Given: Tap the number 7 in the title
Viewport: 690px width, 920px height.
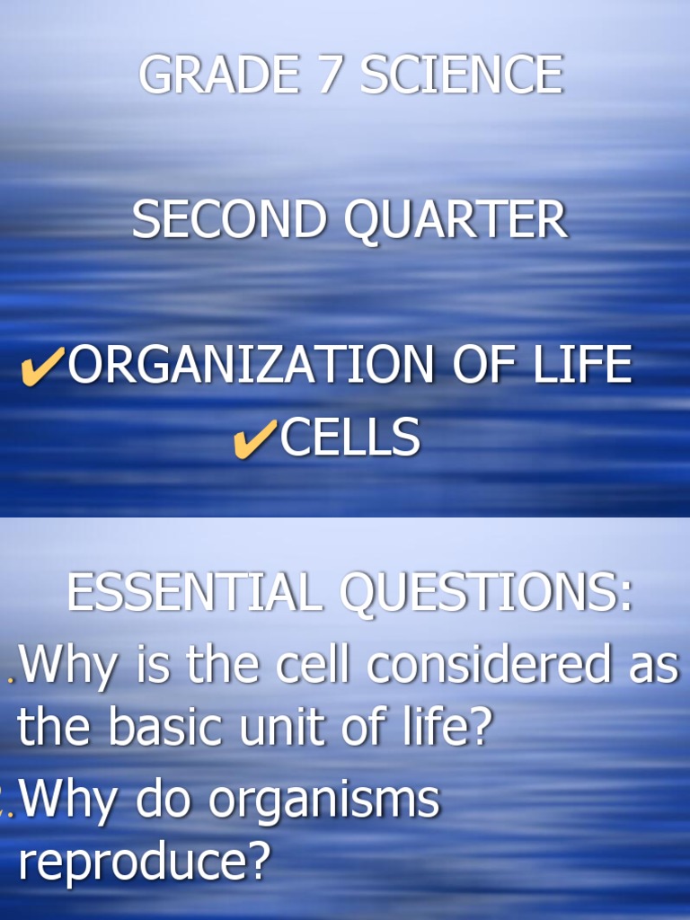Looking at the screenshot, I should click(332, 75).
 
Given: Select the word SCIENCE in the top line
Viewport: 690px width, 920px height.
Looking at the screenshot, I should click(462, 75).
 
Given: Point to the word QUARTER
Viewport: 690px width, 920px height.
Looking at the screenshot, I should click(456, 220).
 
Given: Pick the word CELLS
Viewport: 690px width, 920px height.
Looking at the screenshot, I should click(350, 438).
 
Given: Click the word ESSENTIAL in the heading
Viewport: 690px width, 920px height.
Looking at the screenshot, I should click(192, 593).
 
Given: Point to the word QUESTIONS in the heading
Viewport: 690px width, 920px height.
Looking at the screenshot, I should click(485, 593).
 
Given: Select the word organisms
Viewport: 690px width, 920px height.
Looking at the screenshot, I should click(323, 800).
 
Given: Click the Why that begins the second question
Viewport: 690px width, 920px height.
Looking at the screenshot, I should click(66, 800).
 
